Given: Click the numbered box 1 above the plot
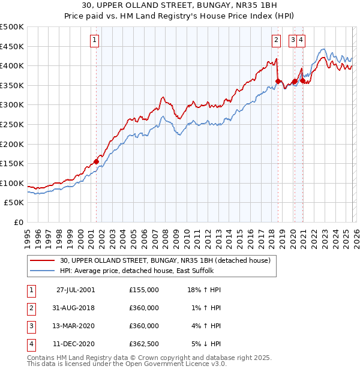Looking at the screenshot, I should coord(95,40).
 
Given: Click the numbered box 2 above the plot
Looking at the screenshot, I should coord(276,40).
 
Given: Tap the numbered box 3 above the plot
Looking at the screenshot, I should coord(292,40).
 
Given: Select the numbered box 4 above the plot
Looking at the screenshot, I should coord(301,40).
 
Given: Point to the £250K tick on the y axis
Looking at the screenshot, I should coord(12,124).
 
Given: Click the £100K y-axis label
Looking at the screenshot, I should coord(12,183).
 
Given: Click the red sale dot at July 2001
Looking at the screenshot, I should coord(96,161).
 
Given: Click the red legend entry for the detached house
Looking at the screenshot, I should coord(165,260).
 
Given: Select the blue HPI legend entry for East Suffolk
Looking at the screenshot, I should coord(140,271).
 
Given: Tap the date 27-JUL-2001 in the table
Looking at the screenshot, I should coord(76,290).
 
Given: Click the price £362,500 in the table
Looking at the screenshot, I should coord(144,344).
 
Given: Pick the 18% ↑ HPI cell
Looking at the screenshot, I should coord(203,290).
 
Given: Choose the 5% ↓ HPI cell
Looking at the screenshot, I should coord(206,344).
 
